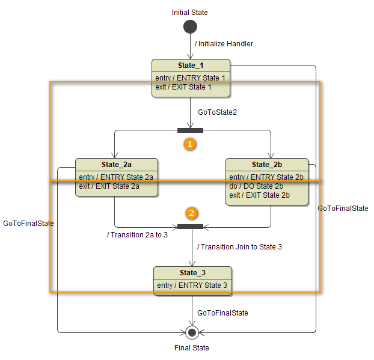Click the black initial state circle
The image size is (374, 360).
click(x=190, y=26)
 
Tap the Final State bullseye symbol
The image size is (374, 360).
click(x=192, y=332)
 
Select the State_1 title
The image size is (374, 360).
click(x=191, y=66)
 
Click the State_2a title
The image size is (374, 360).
click(x=116, y=165)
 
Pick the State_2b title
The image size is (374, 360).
click(x=267, y=165)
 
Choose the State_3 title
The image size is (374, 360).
click(x=192, y=273)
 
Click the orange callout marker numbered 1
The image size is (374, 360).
click(x=190, y=144)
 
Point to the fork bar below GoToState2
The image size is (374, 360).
click(x=190, y=130)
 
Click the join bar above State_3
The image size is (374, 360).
click(x=190, y=227)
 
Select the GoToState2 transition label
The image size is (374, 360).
click(x=217, y=112)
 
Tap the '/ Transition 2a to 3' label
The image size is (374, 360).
click(x=137, y=235)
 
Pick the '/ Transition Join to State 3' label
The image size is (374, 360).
click(x=239, y=247)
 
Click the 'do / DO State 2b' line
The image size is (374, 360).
click(x=256, y=186)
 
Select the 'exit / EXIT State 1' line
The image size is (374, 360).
click(x=183, y=87)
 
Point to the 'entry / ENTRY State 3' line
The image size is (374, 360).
click(x=192, y=285)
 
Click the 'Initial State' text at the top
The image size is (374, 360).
click(x=190, y=12)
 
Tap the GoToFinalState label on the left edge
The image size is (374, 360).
click(x=28, y=223)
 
